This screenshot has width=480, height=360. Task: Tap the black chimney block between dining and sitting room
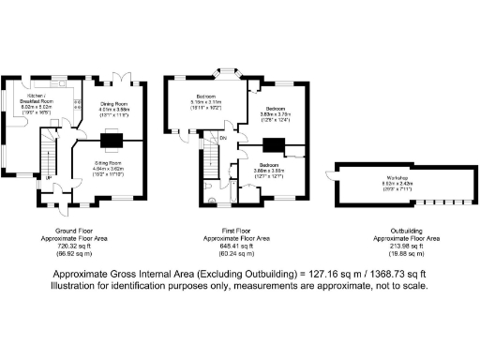coord(111,142)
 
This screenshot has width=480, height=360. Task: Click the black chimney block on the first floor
coord(274,144)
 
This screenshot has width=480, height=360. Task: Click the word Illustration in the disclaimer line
coord(82,286)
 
